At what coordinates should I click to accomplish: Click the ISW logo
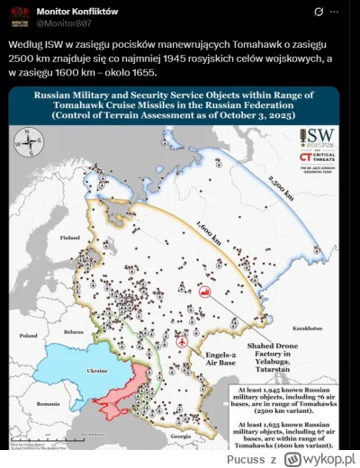pos(317,138)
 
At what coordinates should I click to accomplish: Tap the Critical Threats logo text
pos(322,158)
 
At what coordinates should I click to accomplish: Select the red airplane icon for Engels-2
pos(184,342)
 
